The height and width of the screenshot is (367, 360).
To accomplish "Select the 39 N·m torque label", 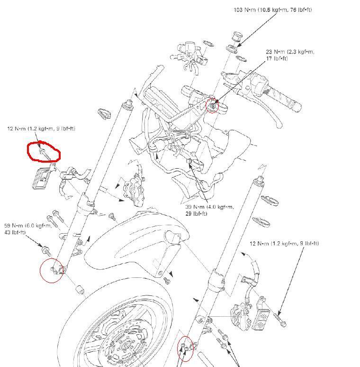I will point(209,210).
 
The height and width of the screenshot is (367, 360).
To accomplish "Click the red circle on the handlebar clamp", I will point(213,105).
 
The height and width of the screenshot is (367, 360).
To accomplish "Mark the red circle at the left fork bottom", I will point(52,271).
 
